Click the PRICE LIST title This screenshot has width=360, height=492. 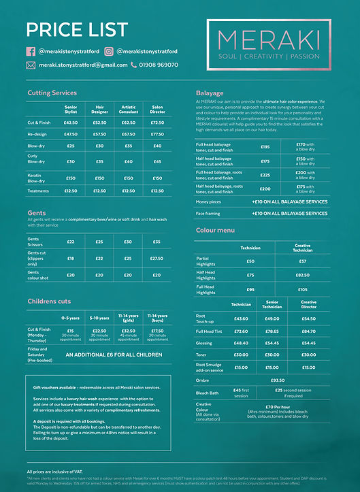(x=76, y=29)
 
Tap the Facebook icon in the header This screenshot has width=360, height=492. (x=31, y=51)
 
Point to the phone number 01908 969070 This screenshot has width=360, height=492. (x=160, y=65)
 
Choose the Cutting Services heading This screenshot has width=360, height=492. (x=52, y=93)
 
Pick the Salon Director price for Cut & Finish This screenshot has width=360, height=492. (x=157, y=122)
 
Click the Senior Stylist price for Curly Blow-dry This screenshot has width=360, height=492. (x=71, y=161)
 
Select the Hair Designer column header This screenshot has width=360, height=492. (x=99, y=109)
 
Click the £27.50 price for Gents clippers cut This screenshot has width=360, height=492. (x=157, y=259)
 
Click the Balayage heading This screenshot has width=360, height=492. (x=210, y=93)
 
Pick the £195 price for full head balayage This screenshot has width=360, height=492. (x=265, y=146)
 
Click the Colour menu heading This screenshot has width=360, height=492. (x=216, y=231)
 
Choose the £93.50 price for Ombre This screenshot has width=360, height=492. (x=278, y=380)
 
